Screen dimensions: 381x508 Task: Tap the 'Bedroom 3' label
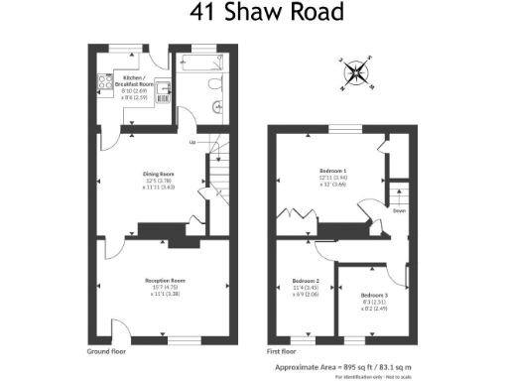374,296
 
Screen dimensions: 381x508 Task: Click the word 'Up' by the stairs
191,142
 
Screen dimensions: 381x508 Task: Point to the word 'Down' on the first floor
399,211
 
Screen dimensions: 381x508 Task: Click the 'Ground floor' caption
106,350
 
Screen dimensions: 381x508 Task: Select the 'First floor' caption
283,350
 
